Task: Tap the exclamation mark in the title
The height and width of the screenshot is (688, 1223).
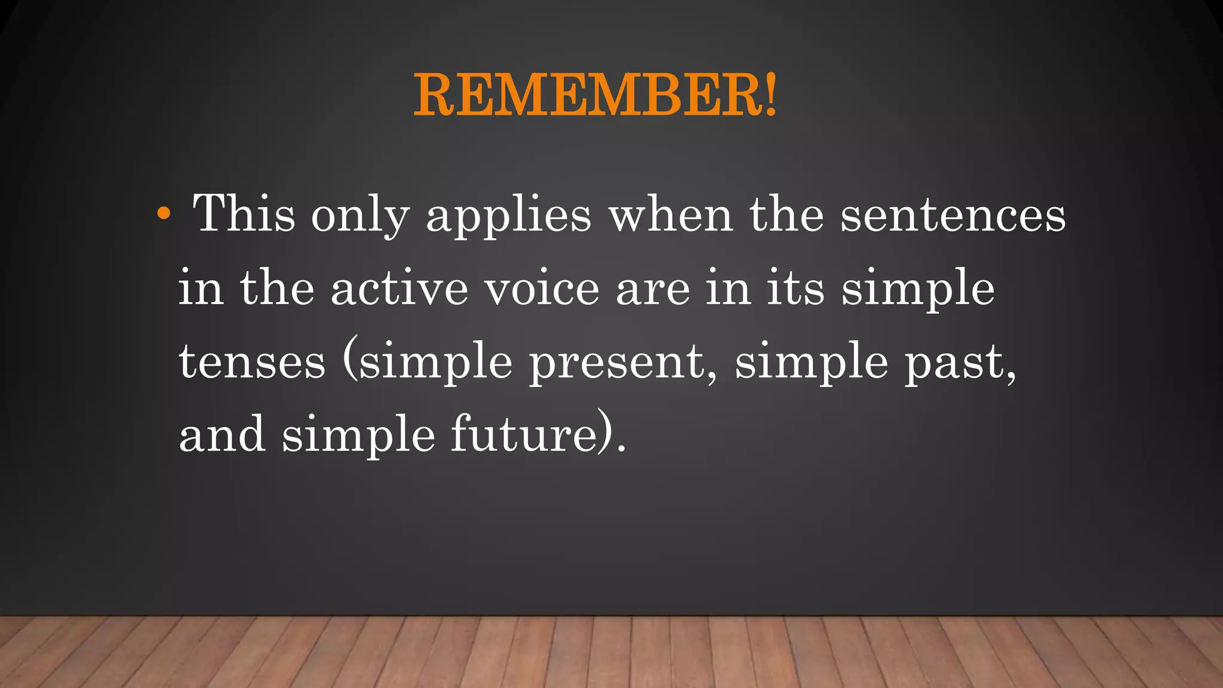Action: (771, 94)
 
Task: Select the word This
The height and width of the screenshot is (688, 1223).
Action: (244, 213)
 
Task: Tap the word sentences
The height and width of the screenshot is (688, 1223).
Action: (953, 215)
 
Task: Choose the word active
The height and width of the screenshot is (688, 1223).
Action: (399, 288)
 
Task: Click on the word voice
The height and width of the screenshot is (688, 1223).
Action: (542, 288)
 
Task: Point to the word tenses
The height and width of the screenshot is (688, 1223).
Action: (252, 362)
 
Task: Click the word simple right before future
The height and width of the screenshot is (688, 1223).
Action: (358, 435)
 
